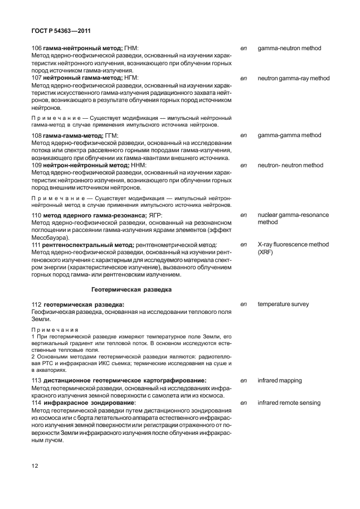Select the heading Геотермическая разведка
(131, 289)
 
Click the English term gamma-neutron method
(289, 49)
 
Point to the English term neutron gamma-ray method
(293, 79)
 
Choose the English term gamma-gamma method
(289, 135)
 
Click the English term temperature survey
(283, 304)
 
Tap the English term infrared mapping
(279, 380)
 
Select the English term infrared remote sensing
(289, 403)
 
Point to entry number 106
(37, 49)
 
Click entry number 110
(37, 215)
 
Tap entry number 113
(37, 380)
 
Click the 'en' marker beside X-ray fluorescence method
(243, 245)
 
